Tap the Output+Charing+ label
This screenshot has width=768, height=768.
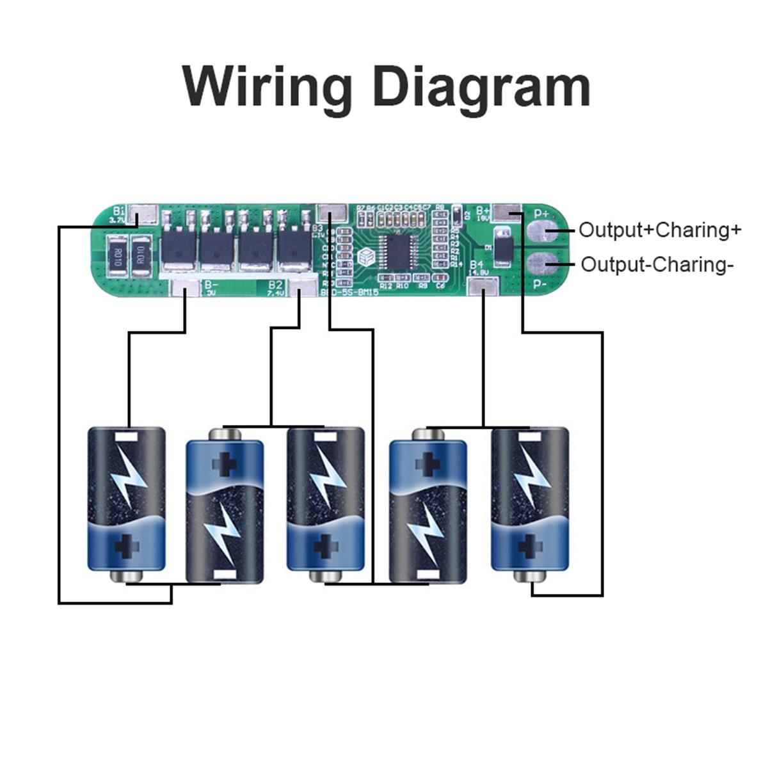coord(660,230)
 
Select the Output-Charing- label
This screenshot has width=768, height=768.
coord(657,264)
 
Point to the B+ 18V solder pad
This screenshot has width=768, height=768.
coord(508,211)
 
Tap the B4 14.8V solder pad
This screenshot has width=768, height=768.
coord(483,287)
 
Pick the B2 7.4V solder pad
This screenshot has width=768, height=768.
coord(300,289)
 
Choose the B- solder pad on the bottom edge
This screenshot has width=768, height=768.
coord(186,289)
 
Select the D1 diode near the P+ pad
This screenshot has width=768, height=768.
coord(504,246)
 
